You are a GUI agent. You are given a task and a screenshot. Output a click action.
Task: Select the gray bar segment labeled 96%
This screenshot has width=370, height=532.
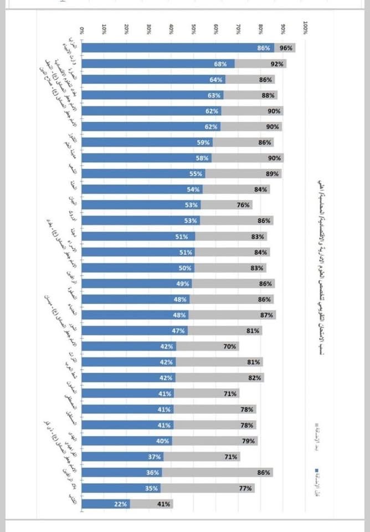pyautogui.click(x=285, y=48)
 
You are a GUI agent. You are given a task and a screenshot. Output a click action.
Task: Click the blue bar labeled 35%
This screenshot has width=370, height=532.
pyautogui.click(x=121, y=488)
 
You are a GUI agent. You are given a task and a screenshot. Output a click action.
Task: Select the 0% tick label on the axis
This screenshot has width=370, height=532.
pyautogui.click(x=83, y=29)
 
